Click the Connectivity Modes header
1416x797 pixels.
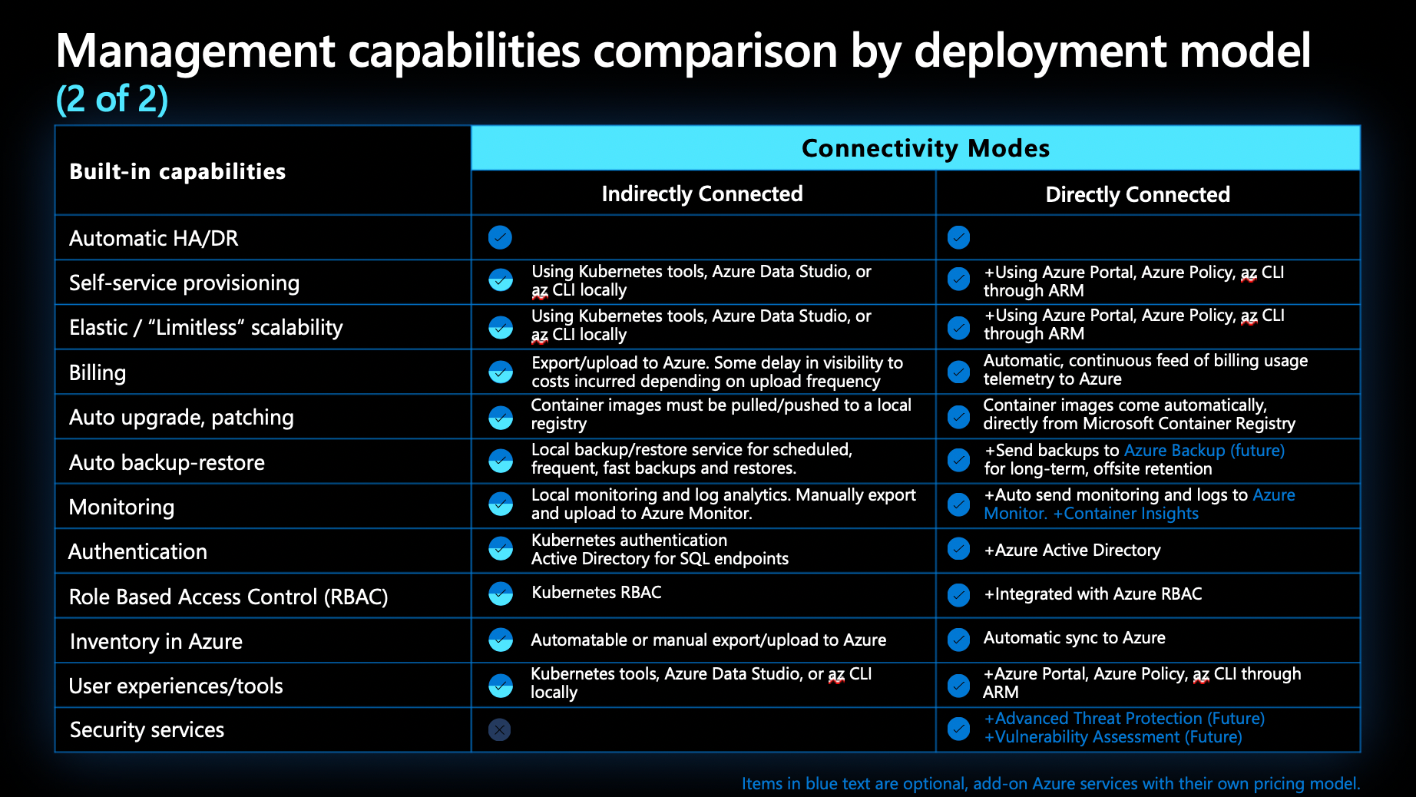coord(925,148)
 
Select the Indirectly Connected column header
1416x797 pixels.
coord(702,193)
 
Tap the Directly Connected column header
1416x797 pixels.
coord(1137,194)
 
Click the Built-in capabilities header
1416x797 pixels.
coord(177,171)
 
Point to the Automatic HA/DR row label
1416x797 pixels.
coord(154,238)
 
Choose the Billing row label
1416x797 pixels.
coord(98,373)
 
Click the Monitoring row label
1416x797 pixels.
coord(121,507)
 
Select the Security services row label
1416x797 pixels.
coord(147,729)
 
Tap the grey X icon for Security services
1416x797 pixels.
coord(499,729)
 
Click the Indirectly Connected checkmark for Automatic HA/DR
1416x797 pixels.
coord(500,237)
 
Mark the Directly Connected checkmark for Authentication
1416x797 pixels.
coord(958,549)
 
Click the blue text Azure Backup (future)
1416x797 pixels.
coord(1203,450)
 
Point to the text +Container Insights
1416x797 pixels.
coord(1126,514)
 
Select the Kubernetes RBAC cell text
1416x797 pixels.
coord(596,593)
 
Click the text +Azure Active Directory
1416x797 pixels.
coord(1072,550)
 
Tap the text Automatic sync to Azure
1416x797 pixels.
coord(1074,638)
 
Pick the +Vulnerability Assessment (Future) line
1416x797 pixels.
coord(1113,737)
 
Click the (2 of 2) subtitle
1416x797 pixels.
coord(112,99)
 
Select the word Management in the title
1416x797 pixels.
coord(196,51)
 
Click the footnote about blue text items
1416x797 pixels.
coord(1050,783)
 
